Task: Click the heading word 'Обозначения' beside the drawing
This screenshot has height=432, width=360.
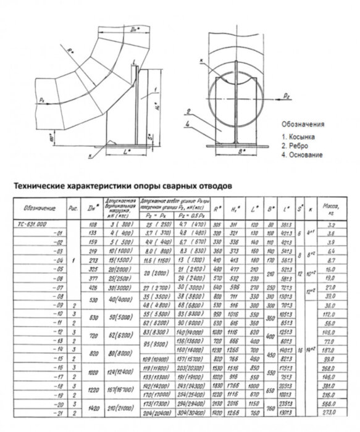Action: [x=302, y=123]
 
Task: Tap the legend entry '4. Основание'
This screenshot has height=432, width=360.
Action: [x=302, y=155]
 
